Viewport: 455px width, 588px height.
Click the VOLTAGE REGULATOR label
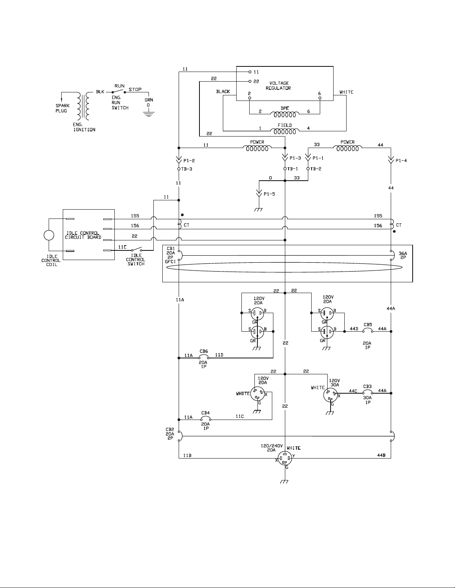279,85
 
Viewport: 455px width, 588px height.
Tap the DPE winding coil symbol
285,115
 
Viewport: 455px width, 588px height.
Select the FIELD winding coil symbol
285,131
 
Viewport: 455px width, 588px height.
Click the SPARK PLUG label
62,108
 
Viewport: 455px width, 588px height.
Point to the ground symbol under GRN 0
149,114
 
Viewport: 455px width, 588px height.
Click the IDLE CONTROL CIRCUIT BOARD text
83,235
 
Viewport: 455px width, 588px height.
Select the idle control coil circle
49,235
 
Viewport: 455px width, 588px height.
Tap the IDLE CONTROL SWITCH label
136,260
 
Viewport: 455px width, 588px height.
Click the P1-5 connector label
269,194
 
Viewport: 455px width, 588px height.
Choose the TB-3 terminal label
186,169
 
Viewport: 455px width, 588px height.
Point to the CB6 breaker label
204,351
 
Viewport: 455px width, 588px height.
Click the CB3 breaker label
367,387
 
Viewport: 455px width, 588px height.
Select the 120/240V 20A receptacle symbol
285,459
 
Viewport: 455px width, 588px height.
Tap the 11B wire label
187,456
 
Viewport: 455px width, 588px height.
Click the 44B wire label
381,455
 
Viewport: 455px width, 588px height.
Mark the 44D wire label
354,329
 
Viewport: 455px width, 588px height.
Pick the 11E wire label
123,247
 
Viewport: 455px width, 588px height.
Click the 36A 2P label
403,256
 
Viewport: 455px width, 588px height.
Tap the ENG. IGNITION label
84,127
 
